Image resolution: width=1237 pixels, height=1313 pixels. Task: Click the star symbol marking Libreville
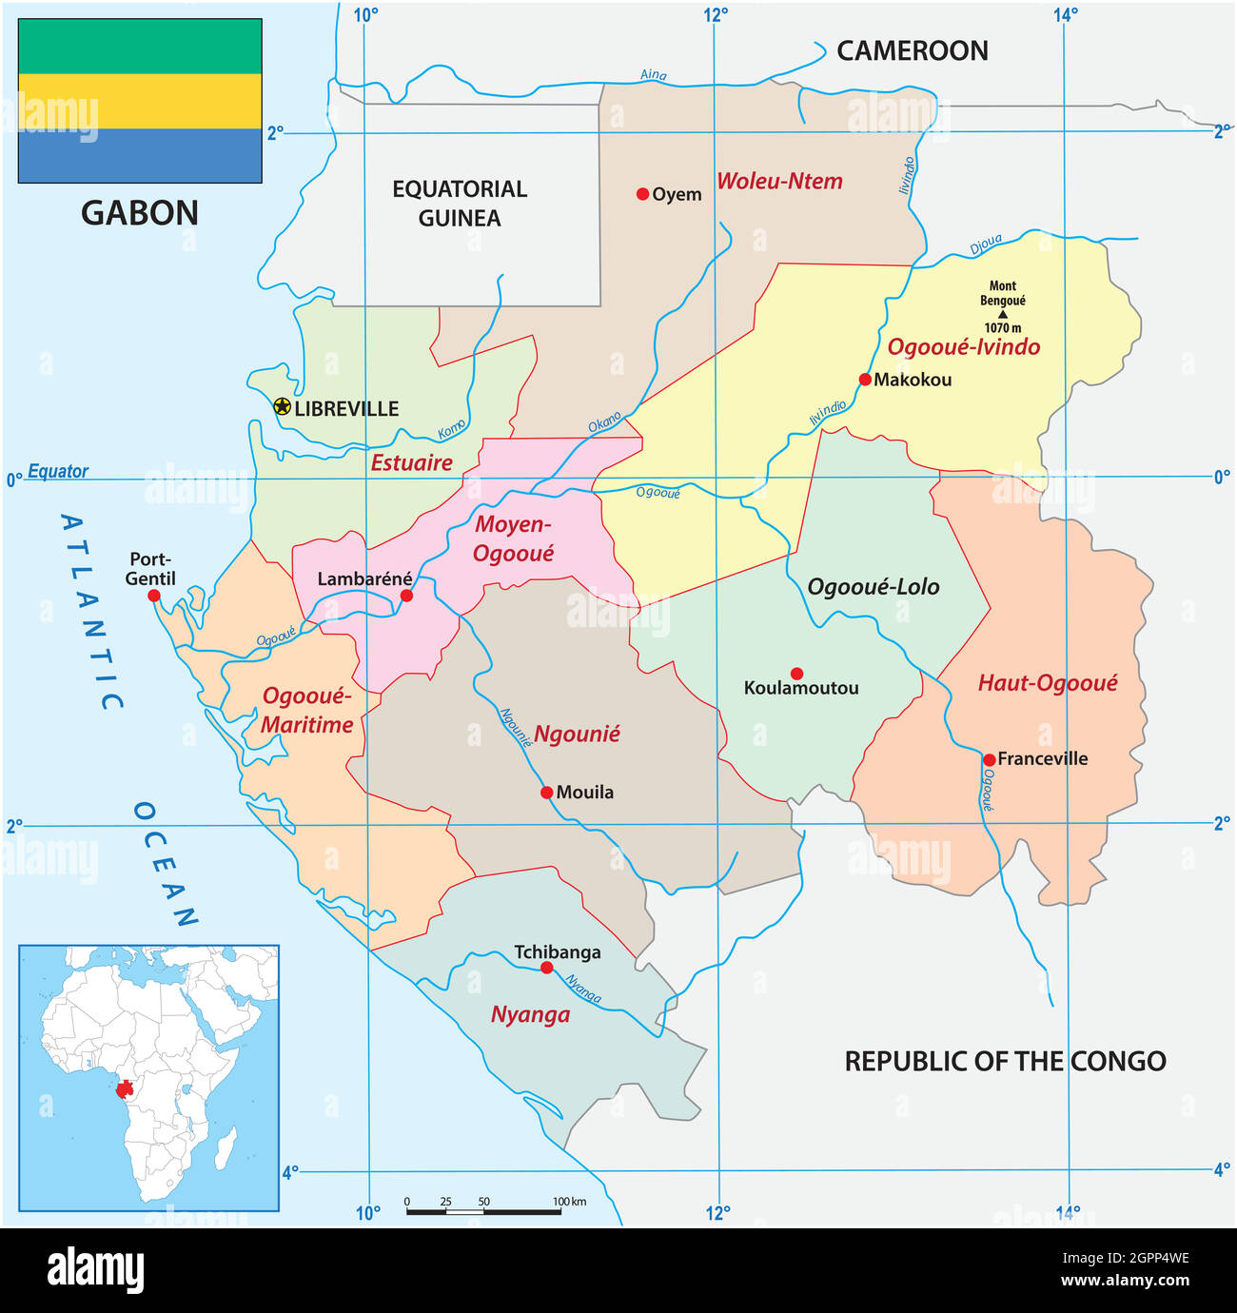(x=282, y=407)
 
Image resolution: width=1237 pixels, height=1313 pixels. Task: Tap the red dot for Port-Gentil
(x=154, y=596)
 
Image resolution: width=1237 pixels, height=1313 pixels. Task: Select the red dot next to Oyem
(x=642, y=194)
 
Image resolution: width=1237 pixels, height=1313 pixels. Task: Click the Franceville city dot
(x=990, y=759)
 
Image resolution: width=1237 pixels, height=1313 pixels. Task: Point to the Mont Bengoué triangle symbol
(x=1002, y=314)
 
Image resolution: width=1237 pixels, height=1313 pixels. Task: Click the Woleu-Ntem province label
(x=779, y=182)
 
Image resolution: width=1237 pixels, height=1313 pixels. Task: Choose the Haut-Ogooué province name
(x=1048, y=683)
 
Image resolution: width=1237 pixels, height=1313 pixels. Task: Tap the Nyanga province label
(x=530, y=1015)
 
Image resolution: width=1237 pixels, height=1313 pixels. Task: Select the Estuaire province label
(x=411, y=463)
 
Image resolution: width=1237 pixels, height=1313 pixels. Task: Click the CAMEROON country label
(x=912, y=51)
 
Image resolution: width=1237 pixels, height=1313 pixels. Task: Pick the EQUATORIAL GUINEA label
(x=460, y=204)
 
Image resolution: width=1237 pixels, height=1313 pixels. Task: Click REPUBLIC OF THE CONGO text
(x=1005, y=1062)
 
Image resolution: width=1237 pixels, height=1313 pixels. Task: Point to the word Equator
(x=58, y=471)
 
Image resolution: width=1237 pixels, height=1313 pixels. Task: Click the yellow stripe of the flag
(x=140, y=101)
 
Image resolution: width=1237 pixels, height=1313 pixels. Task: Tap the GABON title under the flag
(x=140, y=213)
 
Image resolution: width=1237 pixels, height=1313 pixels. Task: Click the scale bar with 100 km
(x=483, y=1211)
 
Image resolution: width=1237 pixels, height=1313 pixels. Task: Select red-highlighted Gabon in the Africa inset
(x=123, y=1088)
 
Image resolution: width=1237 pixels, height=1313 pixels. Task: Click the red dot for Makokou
(x=865, y=380)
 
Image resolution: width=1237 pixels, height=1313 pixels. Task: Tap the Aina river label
(x=654, y=75)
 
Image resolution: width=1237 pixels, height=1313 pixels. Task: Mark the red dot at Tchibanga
(x=546, y=968)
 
